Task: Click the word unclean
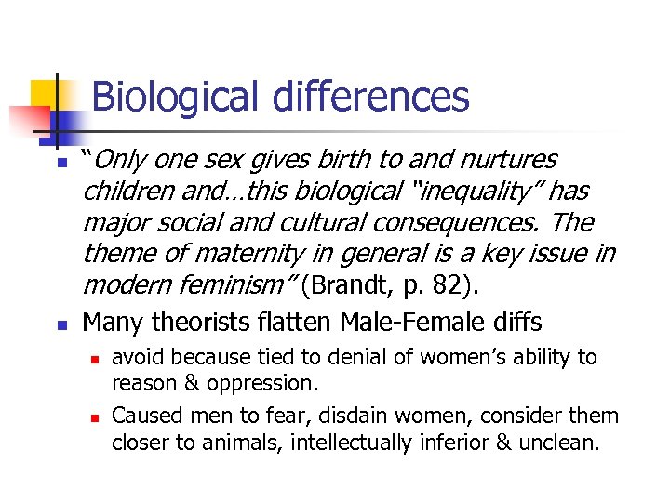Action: (564, 443)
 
